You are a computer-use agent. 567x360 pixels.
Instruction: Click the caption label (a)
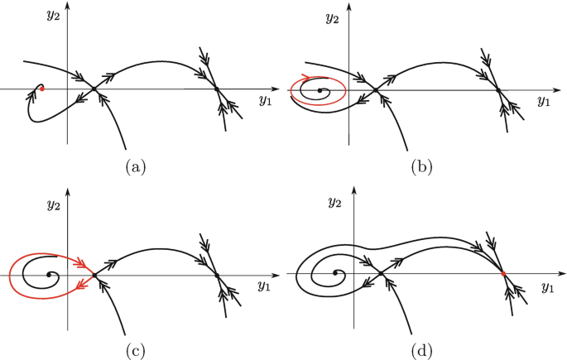point(134,168)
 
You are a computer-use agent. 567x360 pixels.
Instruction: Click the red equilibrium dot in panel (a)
point(42,87)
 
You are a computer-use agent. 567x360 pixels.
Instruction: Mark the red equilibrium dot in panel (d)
point(502,273)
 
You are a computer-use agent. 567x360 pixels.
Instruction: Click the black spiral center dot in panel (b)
point(320,90)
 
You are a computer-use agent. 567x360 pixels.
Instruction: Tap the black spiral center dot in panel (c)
point(50,275)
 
